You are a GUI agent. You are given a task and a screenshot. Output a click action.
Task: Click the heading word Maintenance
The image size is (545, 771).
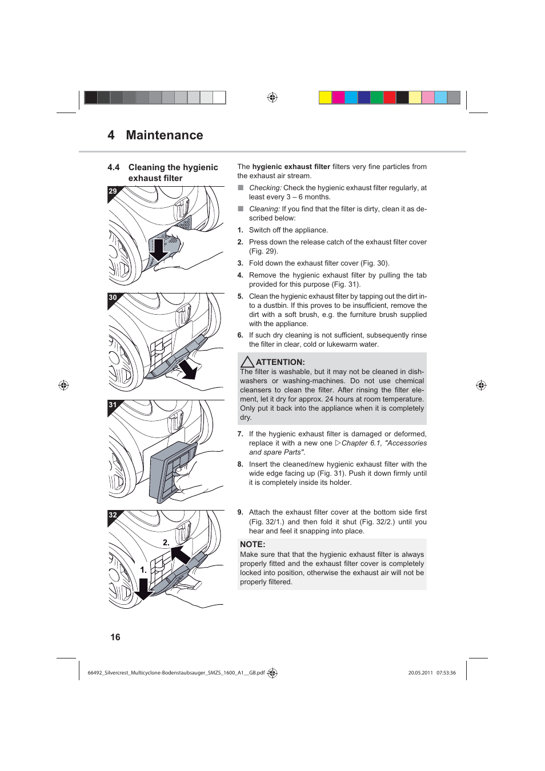165,135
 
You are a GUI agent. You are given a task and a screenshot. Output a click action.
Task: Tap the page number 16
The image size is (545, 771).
115,637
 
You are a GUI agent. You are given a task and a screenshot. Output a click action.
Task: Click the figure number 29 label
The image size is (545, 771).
113,191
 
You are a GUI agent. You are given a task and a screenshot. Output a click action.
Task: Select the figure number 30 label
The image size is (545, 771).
113,298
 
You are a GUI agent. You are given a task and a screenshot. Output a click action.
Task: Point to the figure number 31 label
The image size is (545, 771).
113,404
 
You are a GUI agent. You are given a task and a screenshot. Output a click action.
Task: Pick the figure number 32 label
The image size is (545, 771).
113,515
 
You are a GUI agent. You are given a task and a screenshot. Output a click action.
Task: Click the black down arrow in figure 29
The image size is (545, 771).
158,247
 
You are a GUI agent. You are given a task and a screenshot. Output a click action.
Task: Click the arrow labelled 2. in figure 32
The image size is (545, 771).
181,555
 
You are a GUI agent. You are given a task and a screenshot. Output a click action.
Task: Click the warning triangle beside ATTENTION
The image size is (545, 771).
247,362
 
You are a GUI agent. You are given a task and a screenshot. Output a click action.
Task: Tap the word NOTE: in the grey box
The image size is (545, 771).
253,544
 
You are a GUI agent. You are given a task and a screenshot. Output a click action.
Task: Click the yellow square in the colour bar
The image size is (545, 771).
325,98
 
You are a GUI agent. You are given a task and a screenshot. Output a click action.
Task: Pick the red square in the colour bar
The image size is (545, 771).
390,98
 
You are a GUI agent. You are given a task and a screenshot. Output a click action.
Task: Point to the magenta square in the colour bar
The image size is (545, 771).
338,98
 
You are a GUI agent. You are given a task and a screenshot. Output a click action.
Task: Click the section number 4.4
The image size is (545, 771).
114,167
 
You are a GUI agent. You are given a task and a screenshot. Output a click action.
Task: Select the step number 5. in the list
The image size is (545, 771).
241,296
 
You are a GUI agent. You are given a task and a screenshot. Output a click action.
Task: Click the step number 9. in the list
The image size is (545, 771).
241,512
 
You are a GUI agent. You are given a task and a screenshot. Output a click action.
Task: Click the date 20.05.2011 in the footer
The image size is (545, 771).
420,673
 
